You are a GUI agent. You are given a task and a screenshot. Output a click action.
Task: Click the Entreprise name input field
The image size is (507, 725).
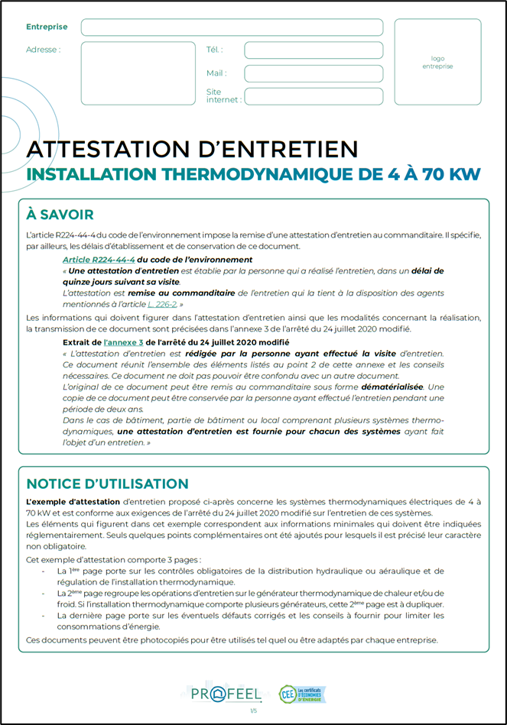point(232,28)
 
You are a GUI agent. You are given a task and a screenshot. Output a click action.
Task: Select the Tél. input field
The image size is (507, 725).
point(313,50)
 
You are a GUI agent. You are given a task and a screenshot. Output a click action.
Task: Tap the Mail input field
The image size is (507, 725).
point(313,74)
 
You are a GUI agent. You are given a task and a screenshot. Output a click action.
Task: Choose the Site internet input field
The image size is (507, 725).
point(313,96)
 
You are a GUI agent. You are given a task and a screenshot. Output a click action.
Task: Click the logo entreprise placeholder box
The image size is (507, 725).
point(437,62)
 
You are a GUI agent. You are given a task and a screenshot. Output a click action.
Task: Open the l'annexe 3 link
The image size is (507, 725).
point(123,342)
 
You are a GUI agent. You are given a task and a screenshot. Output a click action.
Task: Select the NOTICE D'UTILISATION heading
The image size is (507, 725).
point(107,484)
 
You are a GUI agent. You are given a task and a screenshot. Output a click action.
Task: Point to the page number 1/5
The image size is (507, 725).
point(253,712)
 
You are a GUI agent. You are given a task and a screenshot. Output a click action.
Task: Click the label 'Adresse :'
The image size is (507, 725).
point(43,50)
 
